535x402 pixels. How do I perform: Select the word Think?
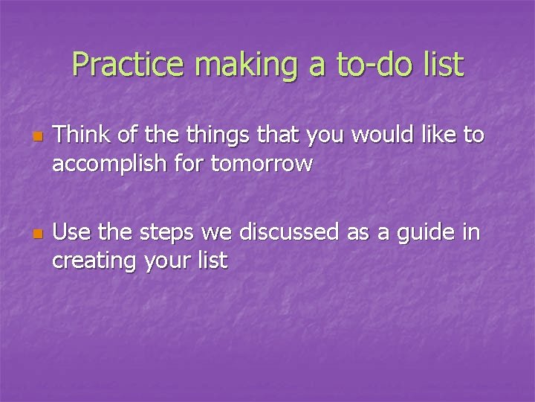click(x=80, y=135)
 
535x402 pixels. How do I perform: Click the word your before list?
click(x=168, y=261)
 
